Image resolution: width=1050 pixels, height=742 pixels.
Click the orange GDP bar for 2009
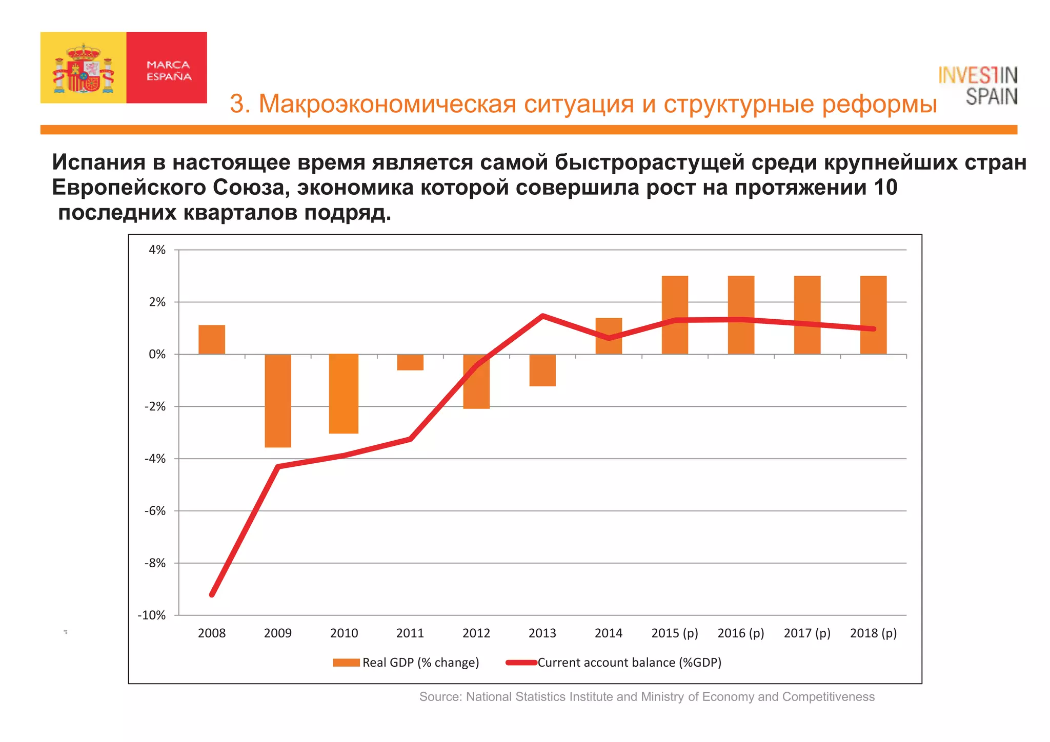(278, 400)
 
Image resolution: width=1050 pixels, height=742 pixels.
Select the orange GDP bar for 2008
(212, 340)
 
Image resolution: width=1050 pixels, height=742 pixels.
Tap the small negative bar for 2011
(410, 362)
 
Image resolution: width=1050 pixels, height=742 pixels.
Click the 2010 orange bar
(344, 394)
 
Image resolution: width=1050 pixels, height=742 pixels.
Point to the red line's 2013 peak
(542, 316)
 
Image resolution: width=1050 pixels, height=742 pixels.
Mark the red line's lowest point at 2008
(212, 594)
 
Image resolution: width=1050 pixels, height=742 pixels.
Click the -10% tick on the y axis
(152, 615)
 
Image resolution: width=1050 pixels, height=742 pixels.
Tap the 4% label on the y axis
(157, 250)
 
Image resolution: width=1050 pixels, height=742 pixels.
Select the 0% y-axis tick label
(157, 354)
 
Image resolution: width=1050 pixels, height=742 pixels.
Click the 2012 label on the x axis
(476, 633)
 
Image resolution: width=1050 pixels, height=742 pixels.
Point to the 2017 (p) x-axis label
(807, 633)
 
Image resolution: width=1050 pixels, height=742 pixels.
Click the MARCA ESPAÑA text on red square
(169, 71)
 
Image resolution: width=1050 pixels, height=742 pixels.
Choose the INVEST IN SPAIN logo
(978, 86)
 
